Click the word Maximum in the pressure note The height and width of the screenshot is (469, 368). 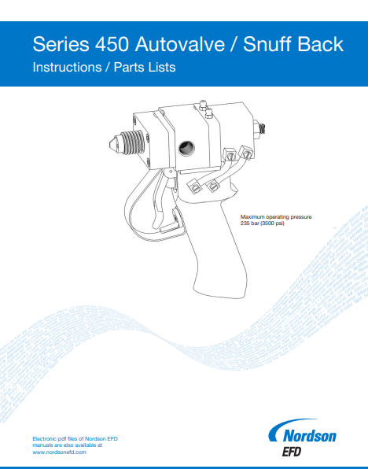[254, 216]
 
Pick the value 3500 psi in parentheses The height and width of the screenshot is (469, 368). [274, 223]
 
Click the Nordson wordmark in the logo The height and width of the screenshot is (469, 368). [308, 434]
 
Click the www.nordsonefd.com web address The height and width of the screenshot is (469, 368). [59, 452]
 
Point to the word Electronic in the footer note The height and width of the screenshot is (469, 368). [45, 438]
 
